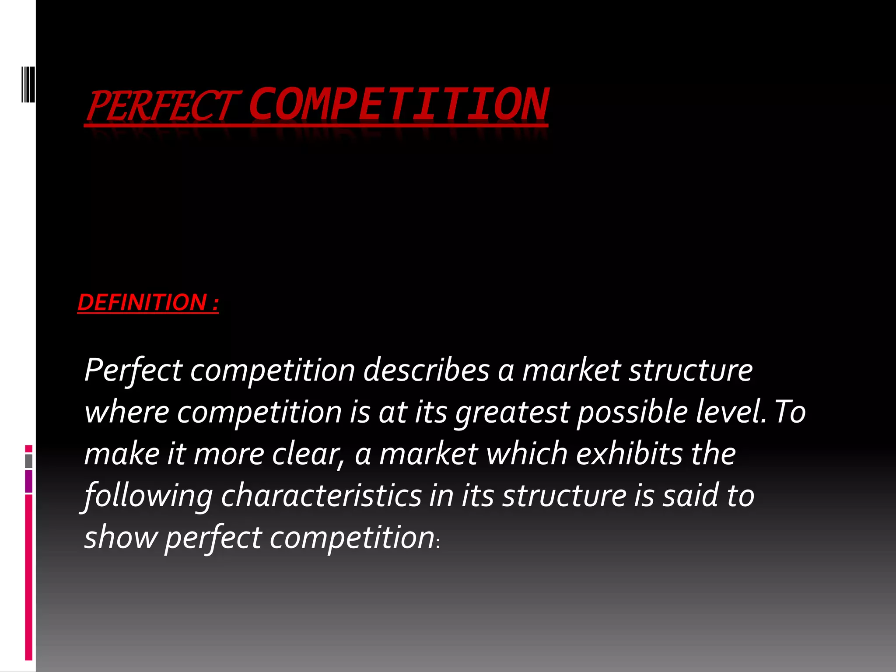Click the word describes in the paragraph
pyautogui.click(x=427, y=370)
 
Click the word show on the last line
pyautogui.click(x=120, y=537)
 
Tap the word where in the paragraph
pyautogui.click(x=126, y=412)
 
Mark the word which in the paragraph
pyautogui.click(x=527, y=453)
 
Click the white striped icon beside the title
pyautogui.click(x=28, y=84)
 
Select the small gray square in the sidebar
pyautogui.click(x=29, y=461)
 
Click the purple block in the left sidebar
pyautogui.click(x=29, y=481)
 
